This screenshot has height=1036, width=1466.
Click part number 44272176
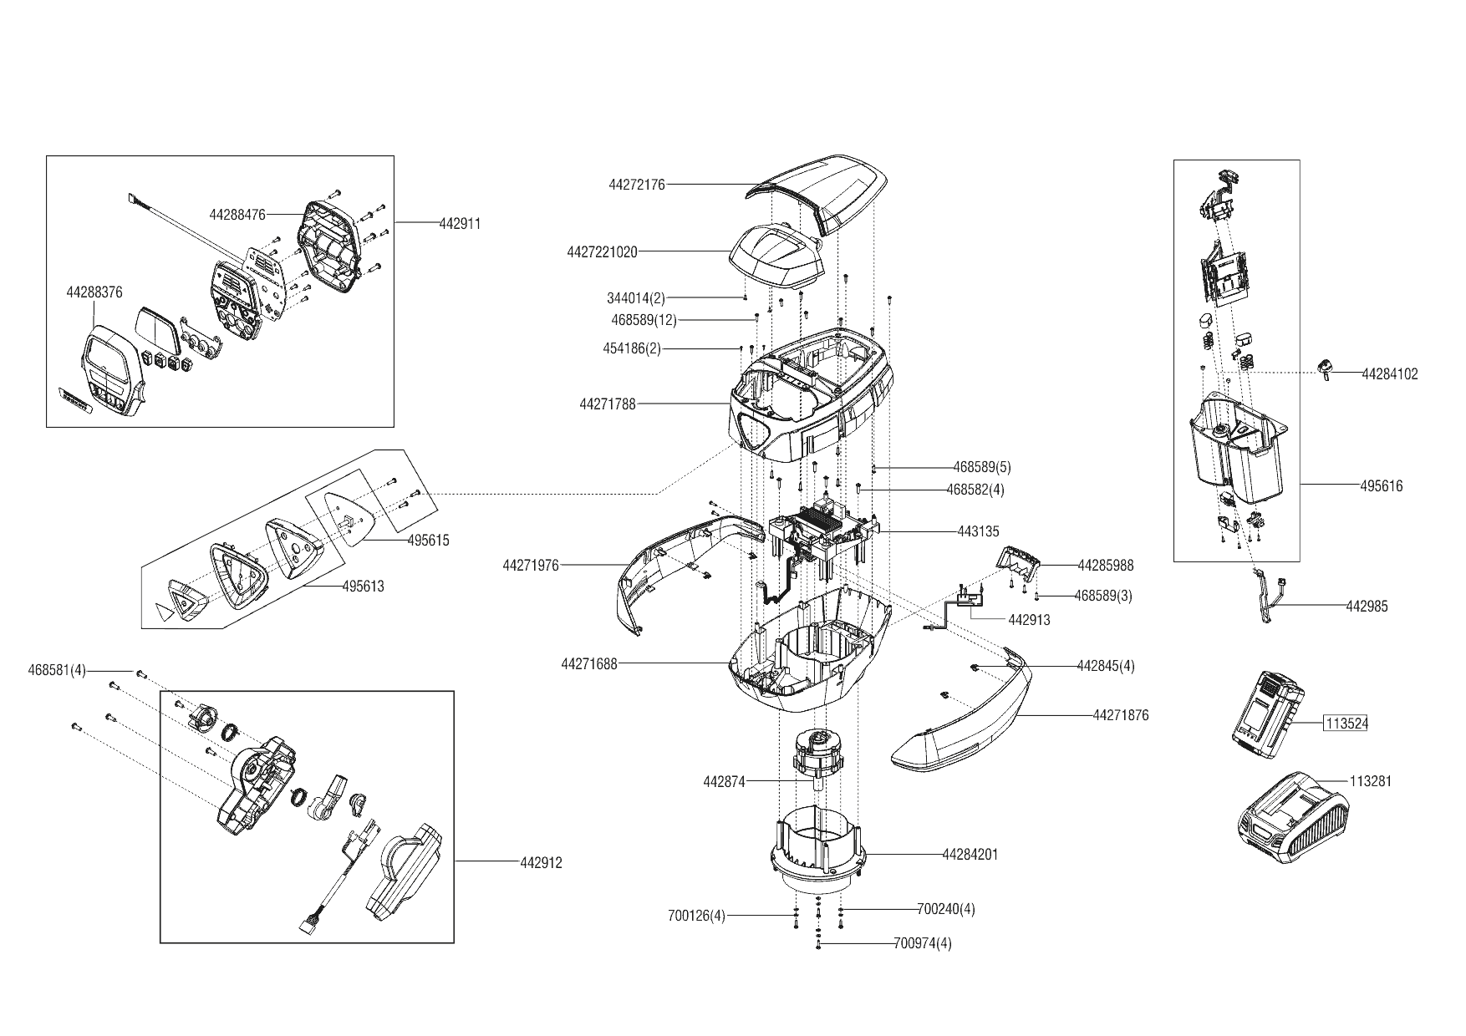pyautogui.click(x=637, y=185)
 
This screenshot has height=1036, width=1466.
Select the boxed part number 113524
pyautogui.click(x=1345, y=724)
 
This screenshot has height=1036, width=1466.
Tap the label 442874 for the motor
pyautogui.click(x=724, y=782)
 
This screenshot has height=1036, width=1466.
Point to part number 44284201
pyautogui.click(x=970, y=855)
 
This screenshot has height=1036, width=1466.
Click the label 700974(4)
pyautogui.click(x=922, y=943)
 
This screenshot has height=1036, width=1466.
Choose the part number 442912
pyautogui.click(x=541, y=862)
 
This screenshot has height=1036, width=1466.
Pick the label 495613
pyautogui.click(x=363, y=587)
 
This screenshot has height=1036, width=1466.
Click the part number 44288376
pyautogui.click(x=94, y=292)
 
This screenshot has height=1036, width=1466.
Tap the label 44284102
pyautogui.click(x=1389, y=374)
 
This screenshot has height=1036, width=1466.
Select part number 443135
pyautogui.click(x=978, y=531)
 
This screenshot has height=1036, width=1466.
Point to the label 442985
pyautogui.click(x=1367, y=607)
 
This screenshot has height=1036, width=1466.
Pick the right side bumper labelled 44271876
pyautogui.click(x=961, y=723)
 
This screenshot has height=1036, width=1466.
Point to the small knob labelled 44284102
pyautogui.click(x=1324, y=368)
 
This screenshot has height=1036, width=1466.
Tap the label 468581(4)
pyautogui.click(x=57, y=670)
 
